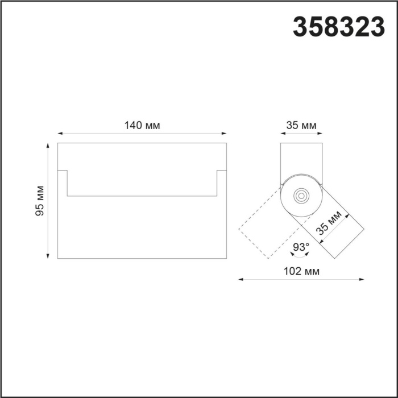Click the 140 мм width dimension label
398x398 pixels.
[142, 125]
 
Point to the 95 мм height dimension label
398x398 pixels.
[40, 201]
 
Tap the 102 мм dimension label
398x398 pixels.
[301, 272]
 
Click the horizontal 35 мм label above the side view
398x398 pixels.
[301, 125]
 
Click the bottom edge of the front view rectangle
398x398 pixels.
[142, 259]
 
